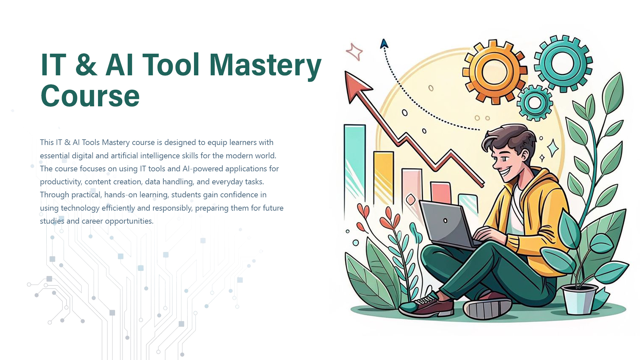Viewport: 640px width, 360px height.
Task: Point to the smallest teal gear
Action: (x=535, y=103)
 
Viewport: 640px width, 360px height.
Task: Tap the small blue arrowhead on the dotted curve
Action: (x=384, y=44)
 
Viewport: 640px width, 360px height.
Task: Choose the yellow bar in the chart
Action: (x=383, y=177)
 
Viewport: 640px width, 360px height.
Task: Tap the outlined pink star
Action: (x=354, y=52)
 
